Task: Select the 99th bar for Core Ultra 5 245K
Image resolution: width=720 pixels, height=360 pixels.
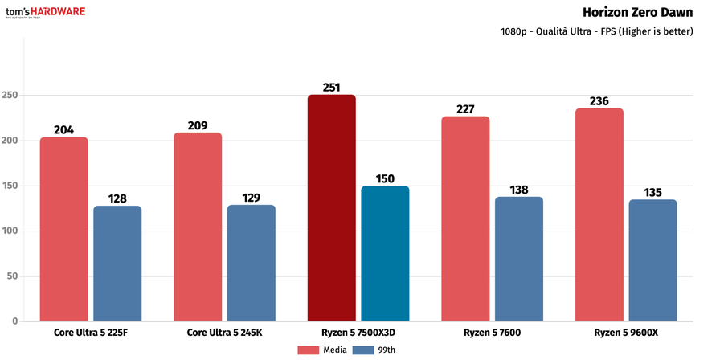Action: pos(252,263)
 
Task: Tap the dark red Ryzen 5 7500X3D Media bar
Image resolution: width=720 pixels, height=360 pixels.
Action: pos(331,208)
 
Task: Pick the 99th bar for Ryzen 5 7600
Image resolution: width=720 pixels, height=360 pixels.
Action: pos(519,259)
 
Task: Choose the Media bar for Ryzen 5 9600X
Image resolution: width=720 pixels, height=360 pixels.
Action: pos(599,215)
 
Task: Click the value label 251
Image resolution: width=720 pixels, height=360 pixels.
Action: pos(331,87)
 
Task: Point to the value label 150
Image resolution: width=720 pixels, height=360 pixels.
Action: pos(385,178)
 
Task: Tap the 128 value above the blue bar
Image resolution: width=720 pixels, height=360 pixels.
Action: pos(117,198)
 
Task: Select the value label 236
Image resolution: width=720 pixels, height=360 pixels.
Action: pos(599,100)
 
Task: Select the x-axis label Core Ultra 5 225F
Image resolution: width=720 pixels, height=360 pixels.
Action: pos(91,333)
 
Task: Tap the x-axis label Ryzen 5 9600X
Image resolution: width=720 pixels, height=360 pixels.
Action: pos(625,333)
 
